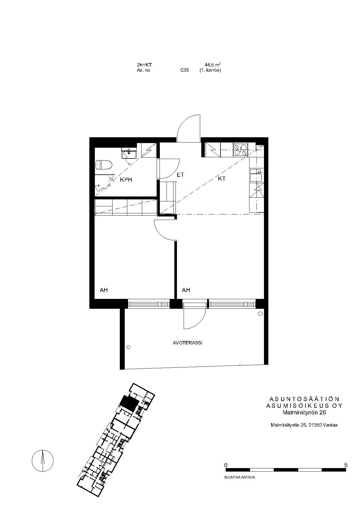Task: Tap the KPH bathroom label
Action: (126, 180)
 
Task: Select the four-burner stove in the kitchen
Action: (241, 150)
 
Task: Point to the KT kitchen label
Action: (222, 179)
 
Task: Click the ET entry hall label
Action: (180, 175)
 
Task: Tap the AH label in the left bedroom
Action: (104, 290)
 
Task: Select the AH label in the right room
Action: (186, 290)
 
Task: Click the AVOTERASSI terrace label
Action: (188, 343)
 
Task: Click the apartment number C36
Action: (184, 70)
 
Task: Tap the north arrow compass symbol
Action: (43, 461)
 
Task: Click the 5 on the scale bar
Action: (345, 465)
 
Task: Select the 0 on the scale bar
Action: (226, 465)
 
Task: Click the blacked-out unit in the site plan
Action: (129, 403)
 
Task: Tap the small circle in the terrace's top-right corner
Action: (260, 314)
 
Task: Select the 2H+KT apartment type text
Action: (144, 65)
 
